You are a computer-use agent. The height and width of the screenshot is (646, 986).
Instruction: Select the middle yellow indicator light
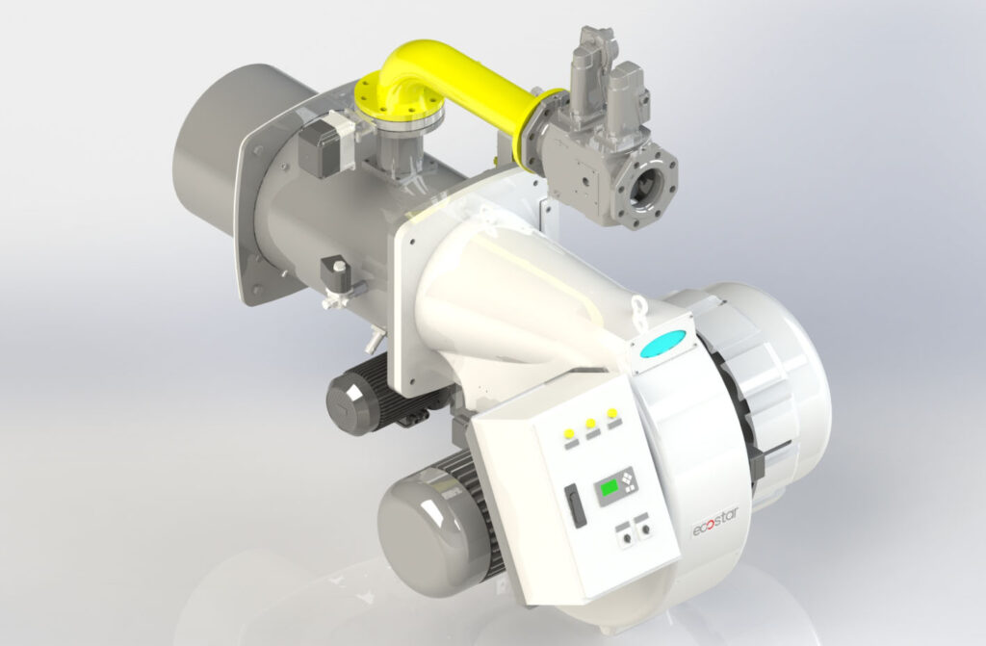pyautogui.click(x=590, y=424)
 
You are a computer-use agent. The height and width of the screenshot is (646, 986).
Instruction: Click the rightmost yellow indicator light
pyautogui.click(x=611, y=413)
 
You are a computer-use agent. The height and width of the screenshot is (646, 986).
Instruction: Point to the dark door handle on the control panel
pyautogui.click(x=575, y=503)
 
